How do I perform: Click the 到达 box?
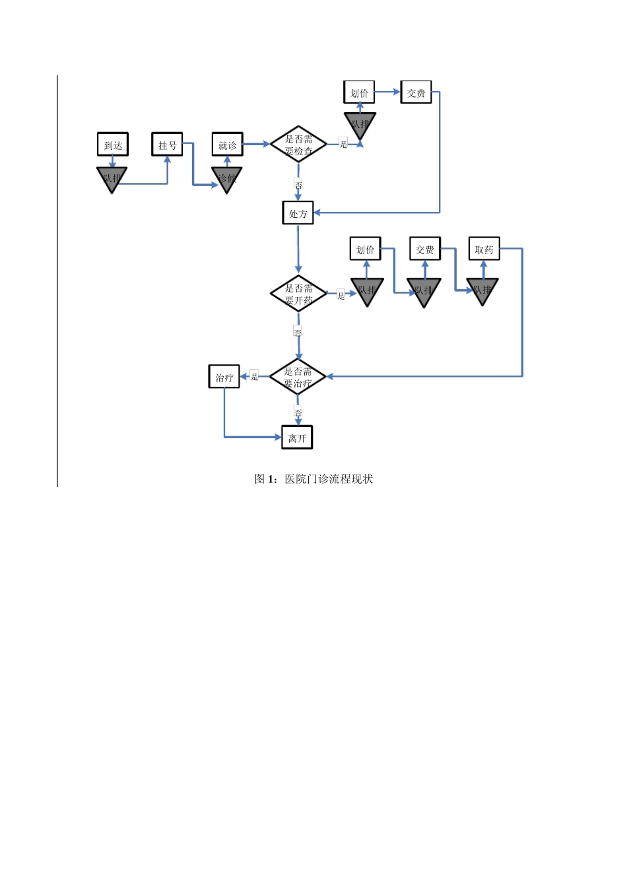tap(113, 145)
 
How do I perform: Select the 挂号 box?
tap(167, 145)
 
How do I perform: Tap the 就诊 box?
tap(227, 145)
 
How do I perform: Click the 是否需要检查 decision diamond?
tap(298, 145)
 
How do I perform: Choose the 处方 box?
tap(298, 213)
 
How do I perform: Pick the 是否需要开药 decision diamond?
tap(298, 294)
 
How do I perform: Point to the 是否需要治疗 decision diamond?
tap(298, 377)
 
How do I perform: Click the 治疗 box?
tap(224, 377)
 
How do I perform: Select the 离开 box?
tap(297, 438)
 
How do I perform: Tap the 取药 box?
tap(484, 249)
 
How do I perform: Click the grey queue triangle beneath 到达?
tap(112, 178)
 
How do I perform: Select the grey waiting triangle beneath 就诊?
tap(226, 178)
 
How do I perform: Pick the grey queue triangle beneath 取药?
tap(482, 290)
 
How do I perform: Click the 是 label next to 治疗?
tap(254, 376)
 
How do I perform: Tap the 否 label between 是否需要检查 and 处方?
tap(298, 184)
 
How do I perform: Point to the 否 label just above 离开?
tap(298, 412)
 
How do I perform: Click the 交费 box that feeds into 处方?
tap(416, 92)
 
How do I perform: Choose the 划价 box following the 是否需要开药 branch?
tap(365, 249)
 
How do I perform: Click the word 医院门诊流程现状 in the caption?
tap(329, 478)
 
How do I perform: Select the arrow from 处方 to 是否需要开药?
tap(298, 249)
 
